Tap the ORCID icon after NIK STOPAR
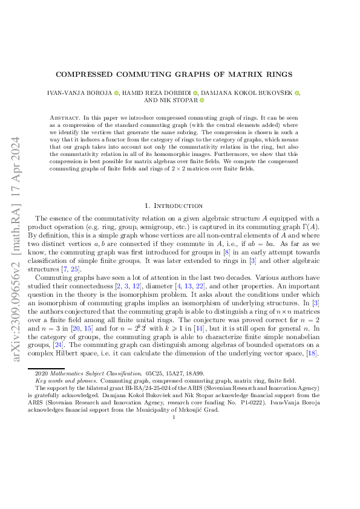point(202,100)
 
